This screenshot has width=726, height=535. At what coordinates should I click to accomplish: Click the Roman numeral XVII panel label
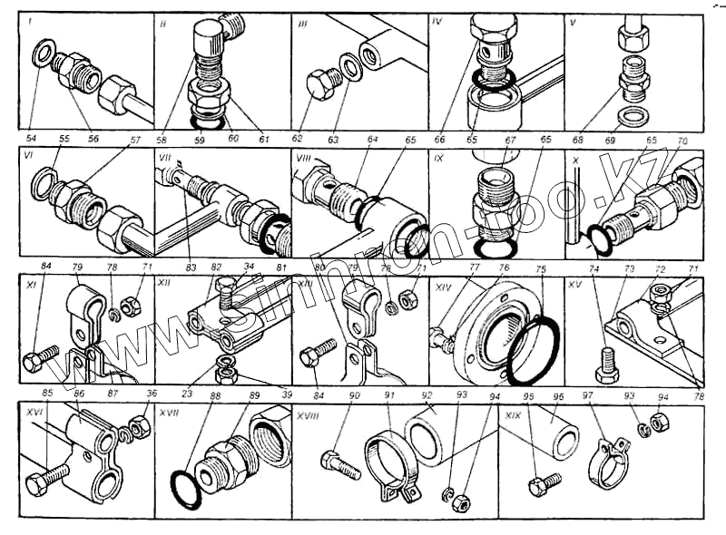[168, 412]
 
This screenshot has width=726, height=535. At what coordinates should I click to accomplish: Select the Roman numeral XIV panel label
[442, 285]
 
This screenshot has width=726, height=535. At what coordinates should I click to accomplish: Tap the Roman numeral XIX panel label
[514, 413]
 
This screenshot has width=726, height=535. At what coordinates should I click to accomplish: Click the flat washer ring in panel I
[39, 56]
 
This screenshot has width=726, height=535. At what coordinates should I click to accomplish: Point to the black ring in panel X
[596, 241]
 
